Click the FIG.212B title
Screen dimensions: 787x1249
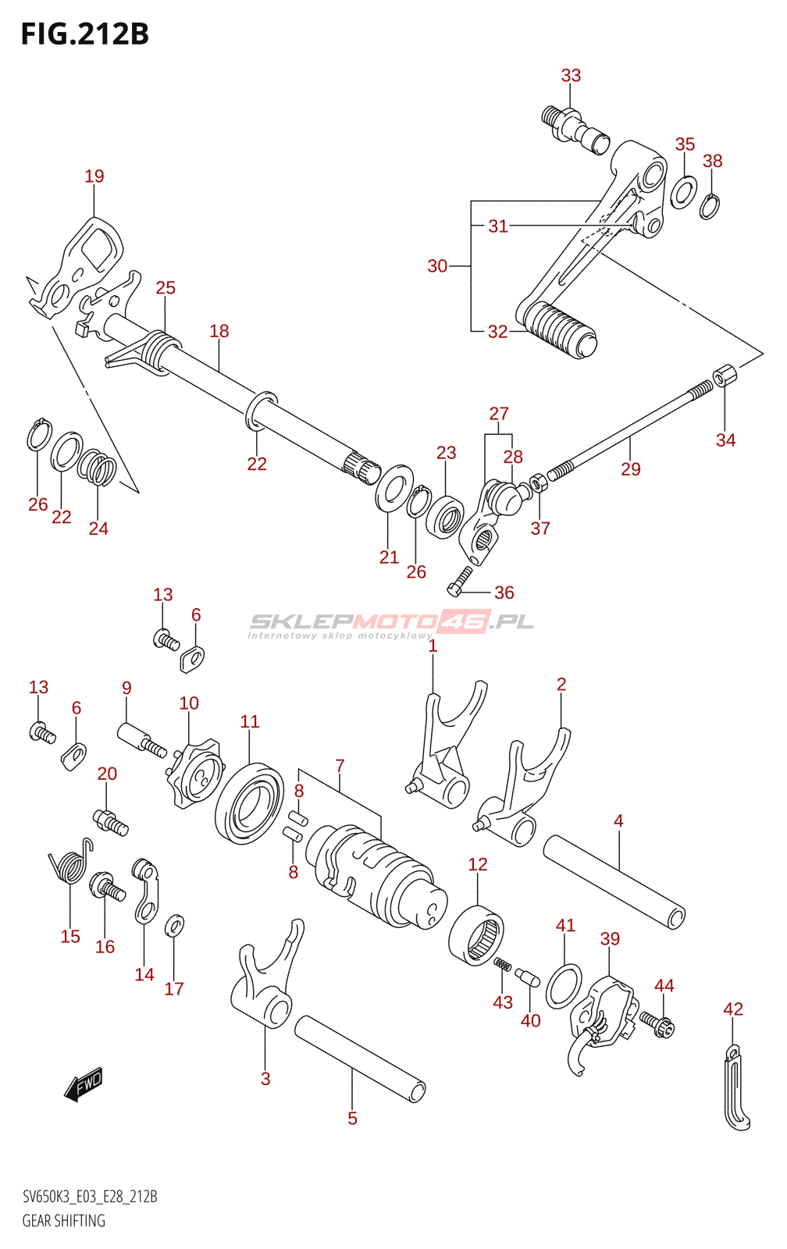pos(85,34)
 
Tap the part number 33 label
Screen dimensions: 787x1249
pos(571,75)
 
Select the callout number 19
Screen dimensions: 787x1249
pos(94,176)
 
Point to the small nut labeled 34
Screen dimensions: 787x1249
pos(725,375)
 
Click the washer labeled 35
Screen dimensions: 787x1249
pos(683,191)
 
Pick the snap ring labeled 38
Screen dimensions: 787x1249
pos(710,206)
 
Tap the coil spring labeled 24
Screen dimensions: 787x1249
pos(97,468)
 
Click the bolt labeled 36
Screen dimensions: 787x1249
pos(459,581)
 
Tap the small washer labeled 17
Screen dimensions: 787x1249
pos(175,926)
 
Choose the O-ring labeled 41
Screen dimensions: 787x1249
pos(564,986)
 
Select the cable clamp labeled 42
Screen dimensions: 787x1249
pos(736,1087)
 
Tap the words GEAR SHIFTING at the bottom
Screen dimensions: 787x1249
pos(63,1221)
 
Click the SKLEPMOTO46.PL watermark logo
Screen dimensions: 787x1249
pos(390,624)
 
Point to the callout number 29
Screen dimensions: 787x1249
pos(630,469)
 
